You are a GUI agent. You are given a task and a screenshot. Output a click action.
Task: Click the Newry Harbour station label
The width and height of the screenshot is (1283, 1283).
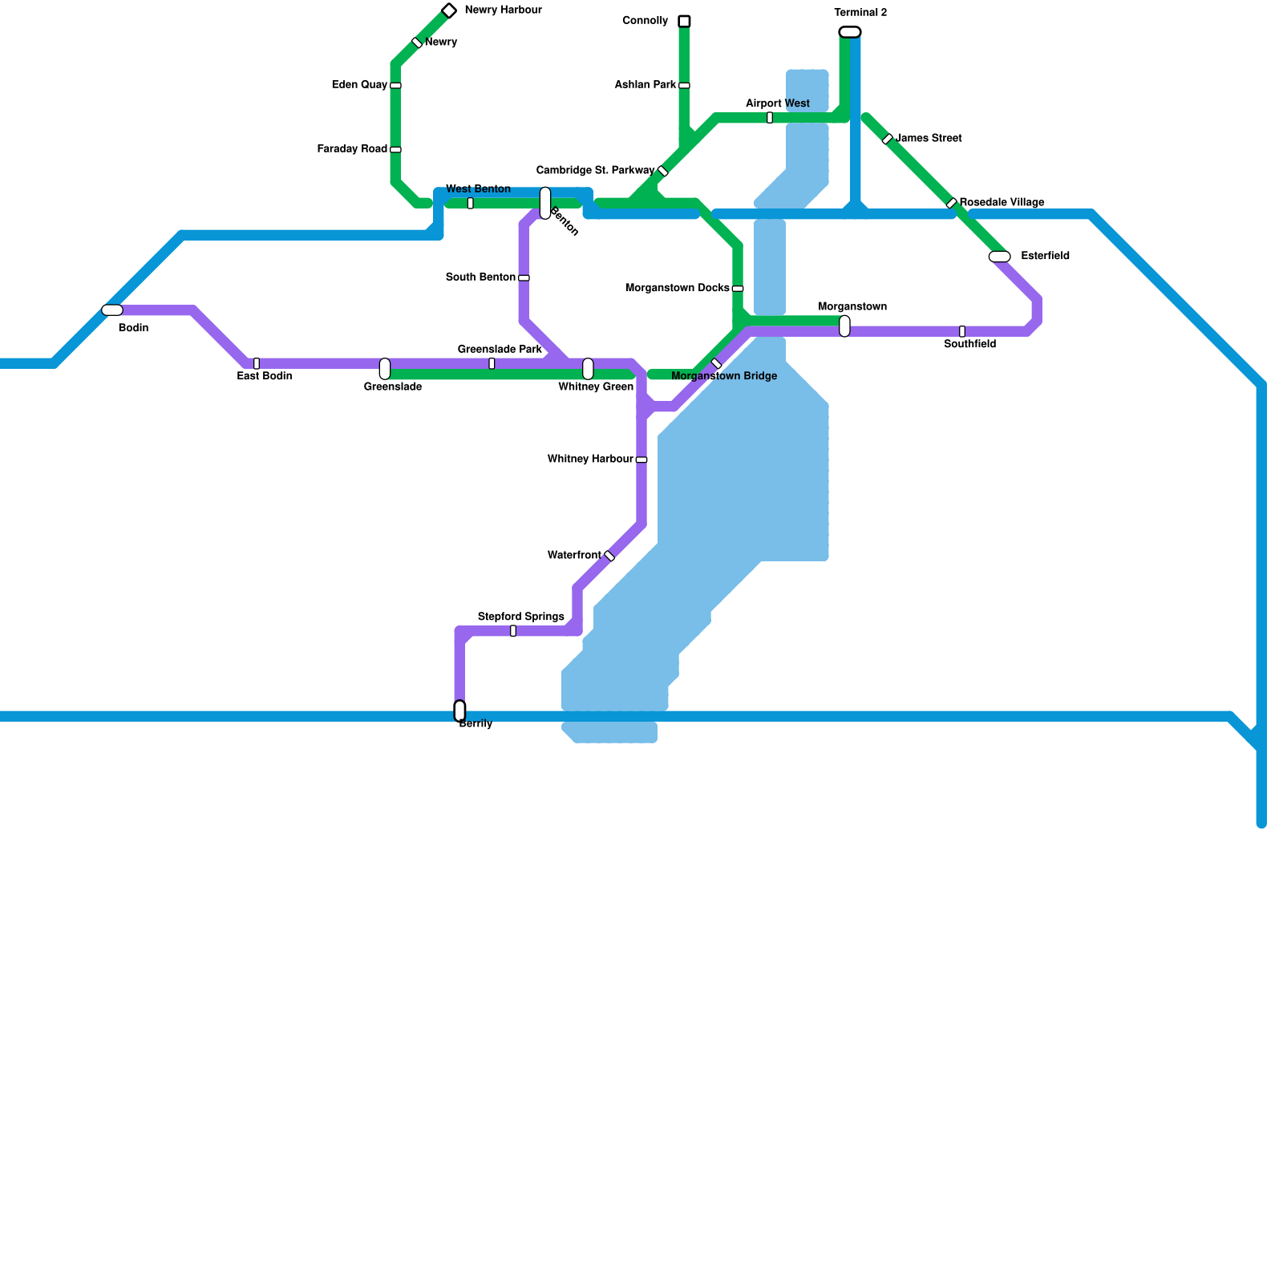coord(503,10)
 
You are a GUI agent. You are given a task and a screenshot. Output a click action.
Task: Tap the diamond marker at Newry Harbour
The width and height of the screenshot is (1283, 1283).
coord(449,10)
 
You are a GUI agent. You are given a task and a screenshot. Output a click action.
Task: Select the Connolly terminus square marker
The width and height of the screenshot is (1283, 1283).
coord(684,21)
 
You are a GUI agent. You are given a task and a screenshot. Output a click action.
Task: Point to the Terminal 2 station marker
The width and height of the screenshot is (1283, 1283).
coord(850,32)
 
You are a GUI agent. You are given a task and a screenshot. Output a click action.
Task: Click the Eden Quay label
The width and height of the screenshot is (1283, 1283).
coord(359,85)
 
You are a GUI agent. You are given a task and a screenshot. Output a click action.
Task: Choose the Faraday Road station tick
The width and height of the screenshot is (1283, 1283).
coord(395,149)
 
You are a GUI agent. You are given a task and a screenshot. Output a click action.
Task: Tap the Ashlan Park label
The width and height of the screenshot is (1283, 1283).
coord(646,85)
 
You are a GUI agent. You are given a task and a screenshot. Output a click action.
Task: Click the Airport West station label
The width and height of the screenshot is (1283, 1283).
coord(777,103)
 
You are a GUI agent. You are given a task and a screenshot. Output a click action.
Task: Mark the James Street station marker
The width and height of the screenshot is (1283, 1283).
coord(888,140)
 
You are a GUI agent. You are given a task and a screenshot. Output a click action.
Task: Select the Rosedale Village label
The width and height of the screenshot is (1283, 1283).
coord(1002,202)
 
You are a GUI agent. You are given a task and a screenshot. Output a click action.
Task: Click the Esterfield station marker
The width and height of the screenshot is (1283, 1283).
coord(999,257)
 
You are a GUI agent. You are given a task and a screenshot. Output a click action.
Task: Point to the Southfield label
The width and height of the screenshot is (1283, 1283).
coord(969,345)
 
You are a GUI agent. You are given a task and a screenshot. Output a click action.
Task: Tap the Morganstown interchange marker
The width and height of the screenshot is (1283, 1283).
coord(844,326)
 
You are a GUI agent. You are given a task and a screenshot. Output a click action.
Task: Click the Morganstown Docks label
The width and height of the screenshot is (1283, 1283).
coord(677,288)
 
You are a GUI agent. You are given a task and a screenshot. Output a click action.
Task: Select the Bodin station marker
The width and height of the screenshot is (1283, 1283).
coord(112,310)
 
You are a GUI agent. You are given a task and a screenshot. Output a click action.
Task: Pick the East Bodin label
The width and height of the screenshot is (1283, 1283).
coord(264,376)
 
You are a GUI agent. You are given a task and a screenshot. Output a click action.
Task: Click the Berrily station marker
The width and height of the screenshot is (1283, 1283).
coord(459,710)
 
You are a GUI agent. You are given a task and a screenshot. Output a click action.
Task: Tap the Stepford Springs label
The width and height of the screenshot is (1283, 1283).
coord(520,617)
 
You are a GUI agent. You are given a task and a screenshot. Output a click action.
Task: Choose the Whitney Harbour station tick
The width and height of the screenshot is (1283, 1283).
coord(641,460)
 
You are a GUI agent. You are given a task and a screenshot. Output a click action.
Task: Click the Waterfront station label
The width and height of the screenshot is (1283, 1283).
coord(574,556)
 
